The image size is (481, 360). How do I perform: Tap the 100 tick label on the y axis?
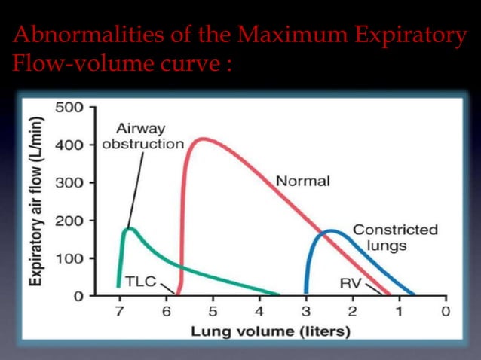pyautogui.click(x=68, y=258)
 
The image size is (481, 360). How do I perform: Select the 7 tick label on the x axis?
pyautogui.click(x=119, y=311)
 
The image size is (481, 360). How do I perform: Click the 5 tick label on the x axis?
pyautogui.click(x=213, y=311)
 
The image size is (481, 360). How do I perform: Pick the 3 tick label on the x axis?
pyautogui.click(x=306, y=311)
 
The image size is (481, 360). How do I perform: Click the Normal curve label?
pyautogui.click(x=302, y=182)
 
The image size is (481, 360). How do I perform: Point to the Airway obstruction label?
pyautogui.click(x=142, y=136)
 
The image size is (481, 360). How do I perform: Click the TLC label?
pyautogui.click(x=139, y=281)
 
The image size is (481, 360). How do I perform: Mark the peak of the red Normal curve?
pyautogui.click(x=200, y=139)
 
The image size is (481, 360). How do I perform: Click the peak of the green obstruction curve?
pyautogui.click(x=130, y=228)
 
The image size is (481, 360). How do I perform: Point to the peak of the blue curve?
pyautogui.click(x=329, y=231)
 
